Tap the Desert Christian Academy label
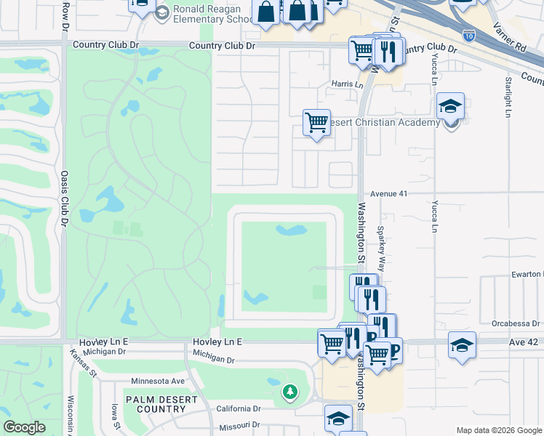point(382,122)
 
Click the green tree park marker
point(290,393)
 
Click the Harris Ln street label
point(348,84)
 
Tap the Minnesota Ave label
point(158,381)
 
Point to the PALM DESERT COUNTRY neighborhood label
point(155,404)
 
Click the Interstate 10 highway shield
point(468,35)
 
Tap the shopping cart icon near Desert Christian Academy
point(316,123)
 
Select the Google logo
point(24,427)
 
